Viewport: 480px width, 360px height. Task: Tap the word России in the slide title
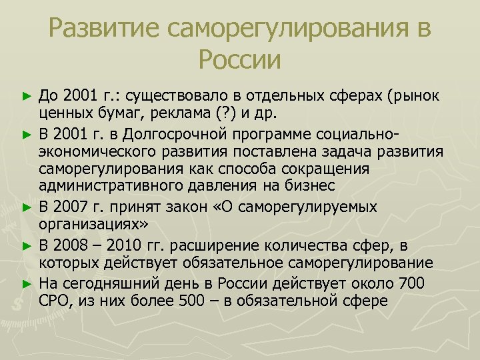[239, 61]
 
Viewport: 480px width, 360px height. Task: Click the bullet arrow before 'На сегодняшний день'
[27, 283]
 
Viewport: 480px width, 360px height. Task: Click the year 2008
[70, 246]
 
